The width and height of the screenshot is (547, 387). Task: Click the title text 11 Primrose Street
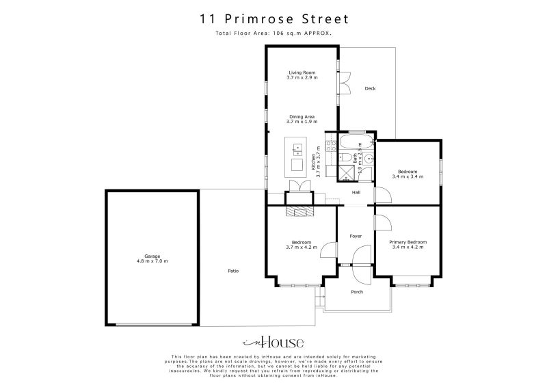coord(273,18)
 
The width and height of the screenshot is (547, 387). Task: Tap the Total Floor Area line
coord(273,33)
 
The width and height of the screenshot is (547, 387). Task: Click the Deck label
coord(370,89)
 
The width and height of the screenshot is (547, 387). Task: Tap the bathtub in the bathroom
coord(356,144)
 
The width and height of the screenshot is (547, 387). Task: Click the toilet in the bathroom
coord(346,161)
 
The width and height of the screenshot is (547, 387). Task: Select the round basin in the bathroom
coord(369,159)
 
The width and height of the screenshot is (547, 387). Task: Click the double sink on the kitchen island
coord(298,147)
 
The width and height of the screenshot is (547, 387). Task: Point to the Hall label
coord(356,192)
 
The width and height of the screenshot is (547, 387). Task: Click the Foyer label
coord(356,236)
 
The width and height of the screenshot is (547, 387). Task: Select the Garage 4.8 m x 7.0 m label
coord(151,258)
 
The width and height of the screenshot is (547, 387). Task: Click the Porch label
coord(356,292)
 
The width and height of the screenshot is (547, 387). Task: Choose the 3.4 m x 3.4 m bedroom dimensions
coord(408,177)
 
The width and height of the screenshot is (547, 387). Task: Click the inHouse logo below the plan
coord(273,343)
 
